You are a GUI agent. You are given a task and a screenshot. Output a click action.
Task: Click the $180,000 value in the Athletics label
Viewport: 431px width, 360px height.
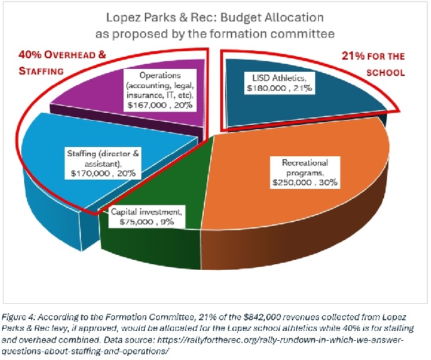click(x=266, y=89)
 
